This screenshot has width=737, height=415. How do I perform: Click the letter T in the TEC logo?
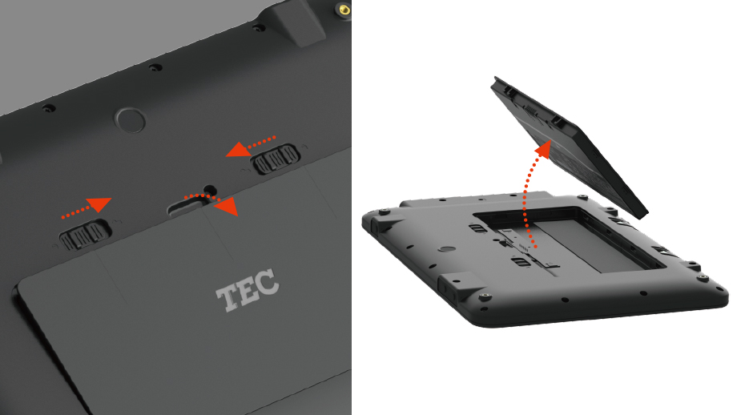point(228,297)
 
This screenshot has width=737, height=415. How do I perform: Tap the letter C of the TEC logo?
point(268,281)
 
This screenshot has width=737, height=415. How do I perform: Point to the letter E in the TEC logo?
point(248,290)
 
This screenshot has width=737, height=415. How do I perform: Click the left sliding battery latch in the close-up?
point(85,234)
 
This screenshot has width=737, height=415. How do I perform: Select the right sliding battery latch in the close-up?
point(276,159)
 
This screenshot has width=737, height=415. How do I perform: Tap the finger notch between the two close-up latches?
point(188,204)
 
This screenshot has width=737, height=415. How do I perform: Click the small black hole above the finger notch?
point(210,191)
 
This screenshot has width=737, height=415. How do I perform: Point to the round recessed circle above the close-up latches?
point(131,120)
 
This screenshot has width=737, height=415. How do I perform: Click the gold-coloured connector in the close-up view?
point(344,10)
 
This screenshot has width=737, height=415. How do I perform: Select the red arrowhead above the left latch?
point(100,204)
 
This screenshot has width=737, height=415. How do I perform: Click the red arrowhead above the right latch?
point(238,150)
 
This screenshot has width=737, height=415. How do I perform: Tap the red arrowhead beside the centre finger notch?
point(226,207)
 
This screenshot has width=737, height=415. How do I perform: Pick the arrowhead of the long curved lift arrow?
point(543,148)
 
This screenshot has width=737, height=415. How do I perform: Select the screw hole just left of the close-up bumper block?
point(258,28)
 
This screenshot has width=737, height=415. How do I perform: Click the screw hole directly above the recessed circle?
point(155,67)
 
